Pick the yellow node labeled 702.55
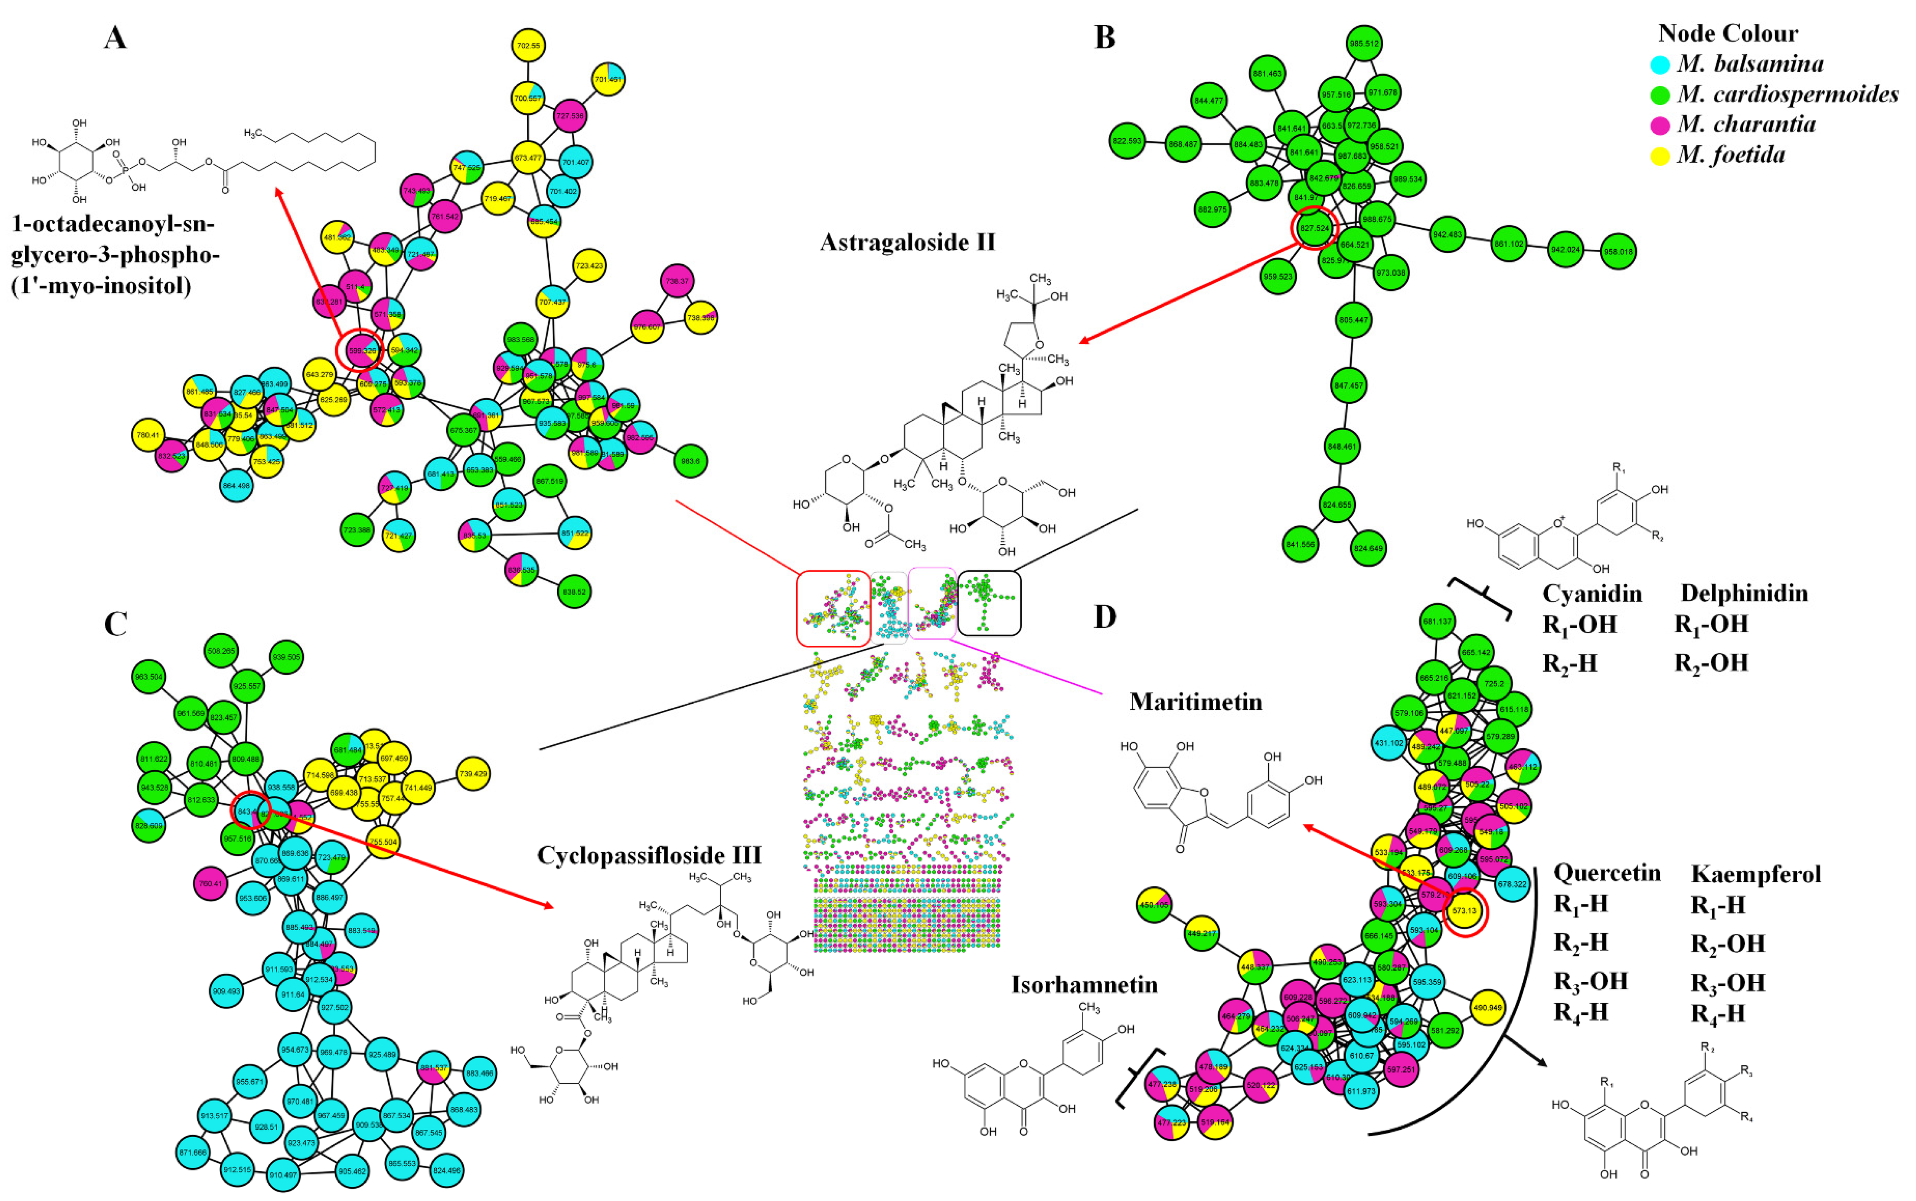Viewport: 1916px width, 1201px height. pyautogui.click(x=528, y=46)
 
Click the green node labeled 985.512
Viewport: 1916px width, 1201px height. pyautogui.click(x=1364, y=44)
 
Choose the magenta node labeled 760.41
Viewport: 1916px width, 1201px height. pyautogui.click(x=211, y=883)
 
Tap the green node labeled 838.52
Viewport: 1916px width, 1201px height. pyautogui.click(x=574, y=592)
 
